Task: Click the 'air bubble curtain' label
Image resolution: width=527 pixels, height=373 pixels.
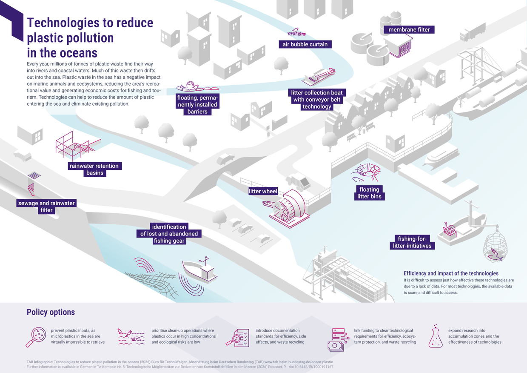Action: click(x=305, y=44)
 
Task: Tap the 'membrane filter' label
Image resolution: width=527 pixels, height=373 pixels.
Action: click(x=409, y=30)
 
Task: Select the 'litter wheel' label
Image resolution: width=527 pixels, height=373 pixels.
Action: click(x=263, y=191)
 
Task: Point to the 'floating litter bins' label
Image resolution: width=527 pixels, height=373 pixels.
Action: click(x=369, y=193)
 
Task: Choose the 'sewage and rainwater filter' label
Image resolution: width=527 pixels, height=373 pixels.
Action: click(x=46, y=207)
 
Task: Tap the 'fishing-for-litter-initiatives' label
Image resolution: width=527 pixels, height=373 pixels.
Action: click(x=412, y=242)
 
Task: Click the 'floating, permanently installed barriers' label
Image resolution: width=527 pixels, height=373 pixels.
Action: click(x=197, y=105)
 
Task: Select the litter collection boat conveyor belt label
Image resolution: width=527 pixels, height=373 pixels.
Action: click(x=316, y=100)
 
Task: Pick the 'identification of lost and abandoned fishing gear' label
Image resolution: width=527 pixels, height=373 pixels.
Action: click(x=169, y=234)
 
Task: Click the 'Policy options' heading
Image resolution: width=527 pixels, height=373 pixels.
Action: click(x=51, y=312)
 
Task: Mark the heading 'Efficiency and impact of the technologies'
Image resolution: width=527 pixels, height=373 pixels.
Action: click(x=451, y=273)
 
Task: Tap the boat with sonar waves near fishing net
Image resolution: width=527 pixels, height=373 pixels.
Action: click(x=200, y=270)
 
